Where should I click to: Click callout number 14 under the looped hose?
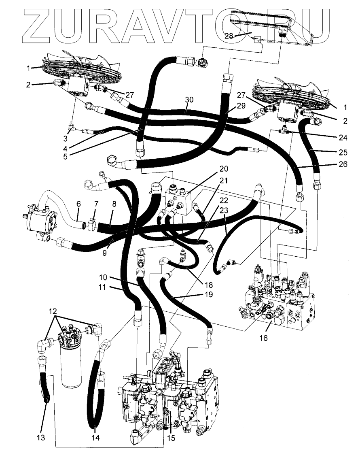tap(95, 438)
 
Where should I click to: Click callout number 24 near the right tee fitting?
tap(343, 137)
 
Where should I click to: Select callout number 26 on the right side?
tap(343, 164)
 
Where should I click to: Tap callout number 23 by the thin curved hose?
tap(224, 210)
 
